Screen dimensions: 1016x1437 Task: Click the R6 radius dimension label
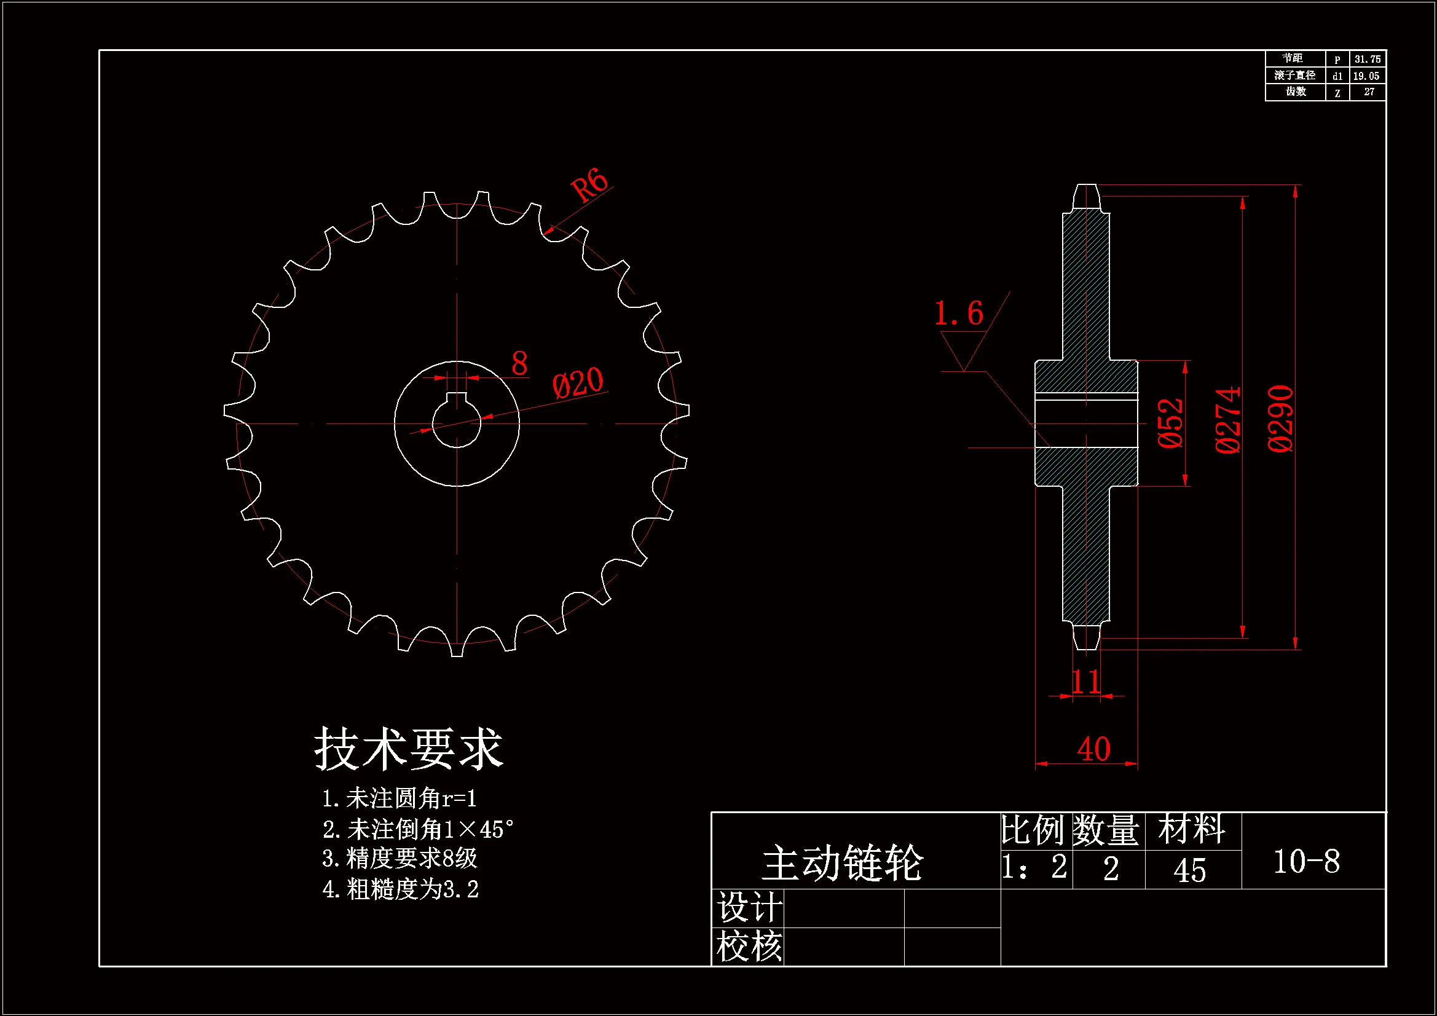589,184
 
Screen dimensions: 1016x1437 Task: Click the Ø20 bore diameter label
578,382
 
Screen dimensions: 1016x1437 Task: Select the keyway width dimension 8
519,364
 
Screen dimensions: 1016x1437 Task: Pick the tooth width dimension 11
1086,682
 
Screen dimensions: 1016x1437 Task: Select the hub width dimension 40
1093,749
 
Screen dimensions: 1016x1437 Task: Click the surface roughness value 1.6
958,313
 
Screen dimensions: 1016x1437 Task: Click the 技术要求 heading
408,749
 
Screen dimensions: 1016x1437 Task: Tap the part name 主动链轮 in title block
842,863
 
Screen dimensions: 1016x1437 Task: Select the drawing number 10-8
1307,861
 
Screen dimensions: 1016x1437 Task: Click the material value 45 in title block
1189,870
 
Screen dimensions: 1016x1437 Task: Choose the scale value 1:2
1034,868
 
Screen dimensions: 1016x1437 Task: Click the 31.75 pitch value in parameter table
1367,60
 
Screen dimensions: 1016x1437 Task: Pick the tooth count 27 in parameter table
1369,92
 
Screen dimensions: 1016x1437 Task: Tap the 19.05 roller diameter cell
1366,76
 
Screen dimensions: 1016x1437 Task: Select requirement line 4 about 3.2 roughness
401,889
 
